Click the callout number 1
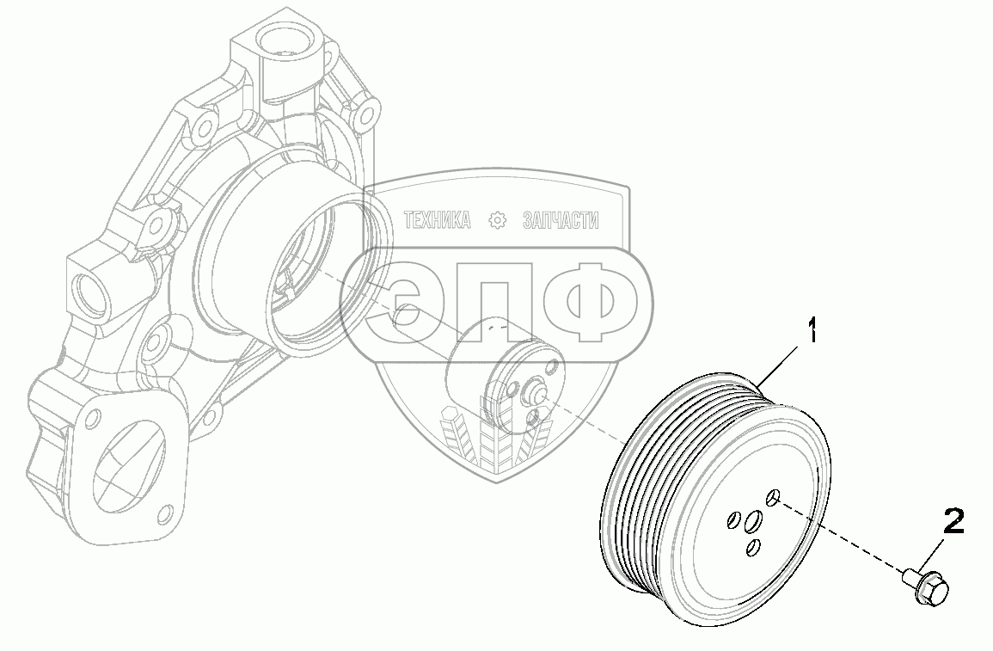point(812,332)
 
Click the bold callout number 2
point(954,521)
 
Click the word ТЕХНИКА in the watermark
point(438,220)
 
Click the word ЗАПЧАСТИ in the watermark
point(561,220)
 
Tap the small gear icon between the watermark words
point(499,220)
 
